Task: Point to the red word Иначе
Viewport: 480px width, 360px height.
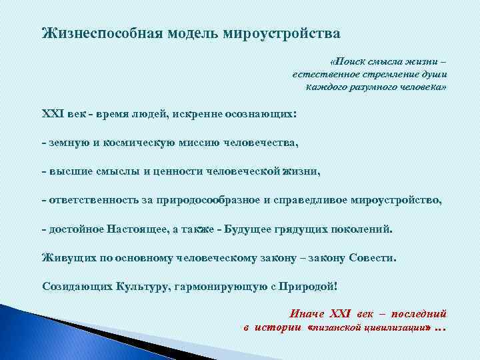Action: click(307, 314)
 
